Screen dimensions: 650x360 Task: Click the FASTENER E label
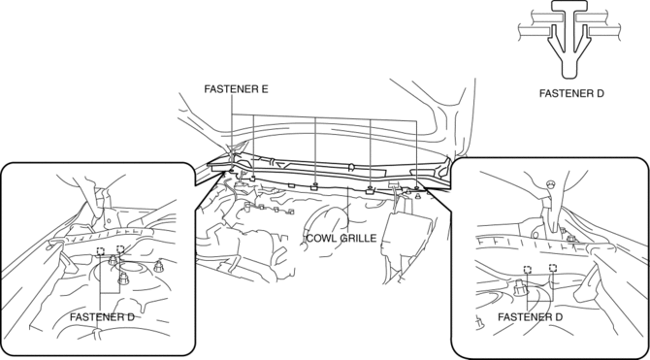236,89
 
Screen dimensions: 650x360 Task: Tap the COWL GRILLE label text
341,239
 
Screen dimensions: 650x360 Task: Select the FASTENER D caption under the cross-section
571,94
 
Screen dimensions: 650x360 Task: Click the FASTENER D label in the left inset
102,317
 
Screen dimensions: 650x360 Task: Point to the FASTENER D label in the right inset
530,317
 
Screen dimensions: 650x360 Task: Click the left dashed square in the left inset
100,251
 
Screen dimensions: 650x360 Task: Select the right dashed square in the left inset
120,249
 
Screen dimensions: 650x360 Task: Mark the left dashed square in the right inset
528,270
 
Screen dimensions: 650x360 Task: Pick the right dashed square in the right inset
552,268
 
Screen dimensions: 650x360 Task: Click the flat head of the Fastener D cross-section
569,5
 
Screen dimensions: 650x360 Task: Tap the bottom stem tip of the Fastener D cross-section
569,77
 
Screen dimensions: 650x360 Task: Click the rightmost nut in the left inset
158,266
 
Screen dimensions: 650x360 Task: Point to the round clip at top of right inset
550,182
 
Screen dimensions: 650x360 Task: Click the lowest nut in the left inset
123,278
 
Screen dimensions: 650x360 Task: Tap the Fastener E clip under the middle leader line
315,186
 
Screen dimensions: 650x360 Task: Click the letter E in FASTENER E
265,89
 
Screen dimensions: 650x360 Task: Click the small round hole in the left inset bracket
109,222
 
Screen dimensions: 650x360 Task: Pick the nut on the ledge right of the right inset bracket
571,239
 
